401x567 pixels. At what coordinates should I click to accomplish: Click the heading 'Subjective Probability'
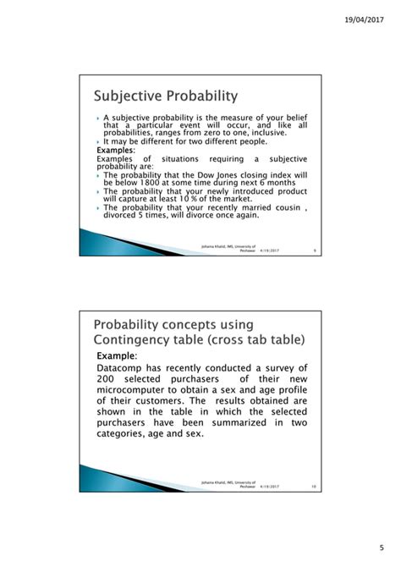165,95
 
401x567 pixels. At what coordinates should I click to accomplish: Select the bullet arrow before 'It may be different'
98,142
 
